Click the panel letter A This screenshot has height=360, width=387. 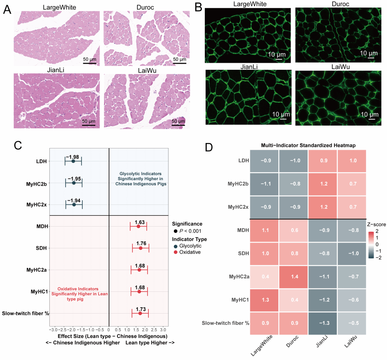(7, 9)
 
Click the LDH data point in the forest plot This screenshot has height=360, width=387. (73, 161)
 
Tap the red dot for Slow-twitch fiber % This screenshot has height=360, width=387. (140, 313)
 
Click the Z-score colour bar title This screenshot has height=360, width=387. (377, 225)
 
